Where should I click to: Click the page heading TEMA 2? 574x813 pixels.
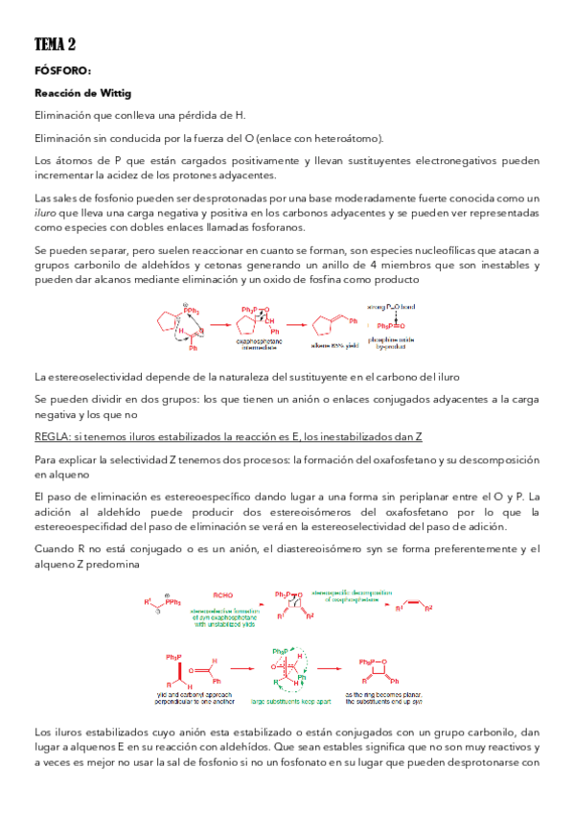pos(55,44)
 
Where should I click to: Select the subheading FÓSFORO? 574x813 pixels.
pos(62,70)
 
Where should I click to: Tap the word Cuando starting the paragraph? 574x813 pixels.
pos(55,548)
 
